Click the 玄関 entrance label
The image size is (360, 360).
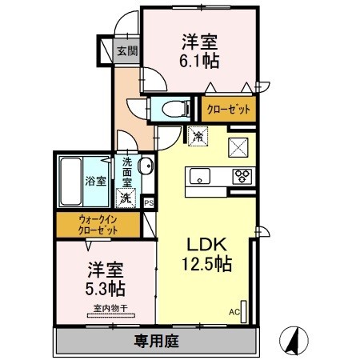pyautogui.click(x=127, y=50)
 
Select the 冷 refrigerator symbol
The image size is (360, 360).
pyautogui.click(x=198, y=136)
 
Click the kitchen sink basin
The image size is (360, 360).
pyautogui.click(x=200, y=176)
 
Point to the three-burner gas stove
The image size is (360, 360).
pyautogui.click(x=242, y=176)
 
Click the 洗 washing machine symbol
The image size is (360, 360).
pyautogui.click(x=126, y=198)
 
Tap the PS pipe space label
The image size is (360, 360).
pyautogui.click(x=149, y=203)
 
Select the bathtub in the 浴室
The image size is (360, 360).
pyautogui.click(x=70, y=182)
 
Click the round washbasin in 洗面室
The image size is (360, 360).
pyautogui.click(x=146, y=166)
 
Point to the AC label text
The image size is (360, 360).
pyautogui.click(x=234, y=312)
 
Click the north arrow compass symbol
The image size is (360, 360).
pyautogui.click(x=294, y=340)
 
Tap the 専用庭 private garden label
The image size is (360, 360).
pyautogui.click(x=156, y=341)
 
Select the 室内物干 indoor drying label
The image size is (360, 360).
pyautogui.click(x=110, y=308)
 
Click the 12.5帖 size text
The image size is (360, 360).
pyautogui.click(x=206, y=263)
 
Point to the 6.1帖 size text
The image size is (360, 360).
pyautogui.click(x=199, y=61)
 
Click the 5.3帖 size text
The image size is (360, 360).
pyautogui.click(x=106, y=289)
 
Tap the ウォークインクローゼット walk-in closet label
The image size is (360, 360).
pyautogui.click(x=98, y=225)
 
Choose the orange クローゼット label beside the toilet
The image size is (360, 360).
pyautogui.click(x=229, y=109)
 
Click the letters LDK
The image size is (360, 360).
pyautogui.click(x=206, y=244)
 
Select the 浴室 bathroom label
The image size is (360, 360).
pyautogui.click(x=96, y=182)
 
